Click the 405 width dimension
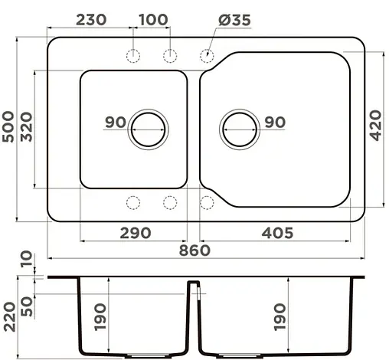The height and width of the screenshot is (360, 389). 272,233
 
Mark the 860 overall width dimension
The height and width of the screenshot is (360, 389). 194,250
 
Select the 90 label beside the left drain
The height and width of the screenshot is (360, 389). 116,122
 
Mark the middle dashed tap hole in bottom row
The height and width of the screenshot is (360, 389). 170,202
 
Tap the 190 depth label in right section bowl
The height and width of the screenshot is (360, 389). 279,315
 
